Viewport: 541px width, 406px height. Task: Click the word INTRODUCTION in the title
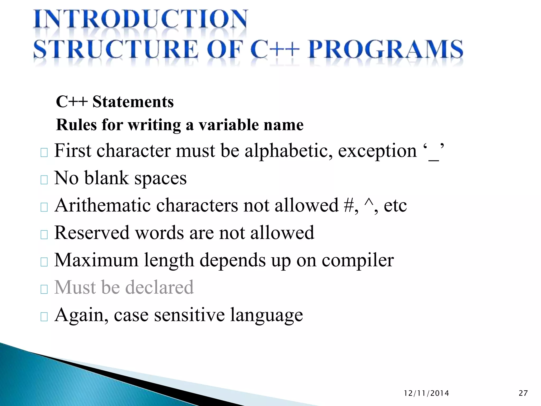pyautogui.click(x=140, y=20)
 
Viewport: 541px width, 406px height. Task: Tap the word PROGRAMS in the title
pyautogui.click(x=385, y=49)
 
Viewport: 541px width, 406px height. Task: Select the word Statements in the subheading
pyautogui.click(x=133, y=102)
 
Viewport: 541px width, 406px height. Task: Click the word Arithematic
pyautogui.click(x=102, y=205)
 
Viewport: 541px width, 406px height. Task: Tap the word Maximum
pyautogui.click(x=96, y=260)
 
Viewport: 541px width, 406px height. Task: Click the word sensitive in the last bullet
pyautogui.click(x=189, y=315)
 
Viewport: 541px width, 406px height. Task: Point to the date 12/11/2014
pyautogui.click(x=426, y=393)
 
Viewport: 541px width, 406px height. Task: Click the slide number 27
pyautogui.click(x=523, y=393)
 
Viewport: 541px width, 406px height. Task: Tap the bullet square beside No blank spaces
pyautogui.click(x=44, y=180)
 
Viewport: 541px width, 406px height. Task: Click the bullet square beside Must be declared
pyautogui.click(x=44, y=289)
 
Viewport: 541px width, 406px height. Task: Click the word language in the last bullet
pyautogui.click(x=266, y=315)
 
